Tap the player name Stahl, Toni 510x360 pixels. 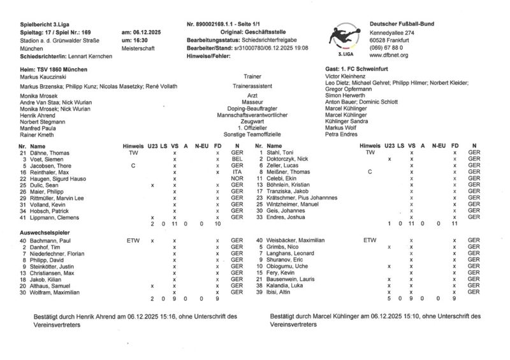279,153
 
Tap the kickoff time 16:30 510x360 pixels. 131,40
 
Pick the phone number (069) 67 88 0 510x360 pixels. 390,47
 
